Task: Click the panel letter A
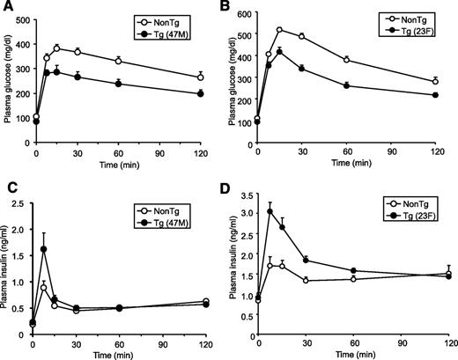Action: pos(7,7)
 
